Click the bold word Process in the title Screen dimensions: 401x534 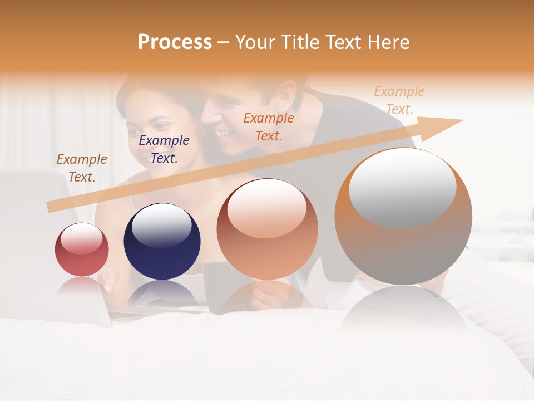175,42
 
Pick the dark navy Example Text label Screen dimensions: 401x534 164,149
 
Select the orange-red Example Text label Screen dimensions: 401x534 269,126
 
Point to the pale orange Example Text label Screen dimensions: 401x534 399,100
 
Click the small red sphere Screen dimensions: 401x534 82,250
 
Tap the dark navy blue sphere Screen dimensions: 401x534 162,242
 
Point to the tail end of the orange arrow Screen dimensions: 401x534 50,207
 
